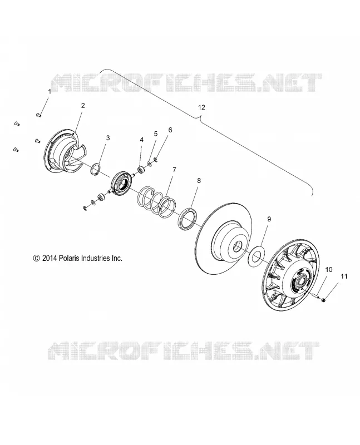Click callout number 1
click(50, 92)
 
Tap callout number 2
click(83, 106)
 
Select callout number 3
click(108, 138)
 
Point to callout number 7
click(174, 170)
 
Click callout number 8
click(199, 180)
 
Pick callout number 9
click(269, 219)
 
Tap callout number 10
click(328, 270)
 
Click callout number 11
click(344, 276)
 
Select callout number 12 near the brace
click(201, 107)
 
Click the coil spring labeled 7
click(156, 201)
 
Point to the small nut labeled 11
click(324, 300)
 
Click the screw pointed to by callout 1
click(38, 115)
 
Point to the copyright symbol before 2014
click(36, 258)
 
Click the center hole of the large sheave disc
click(237, 246)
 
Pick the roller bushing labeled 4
click(141, 170)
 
